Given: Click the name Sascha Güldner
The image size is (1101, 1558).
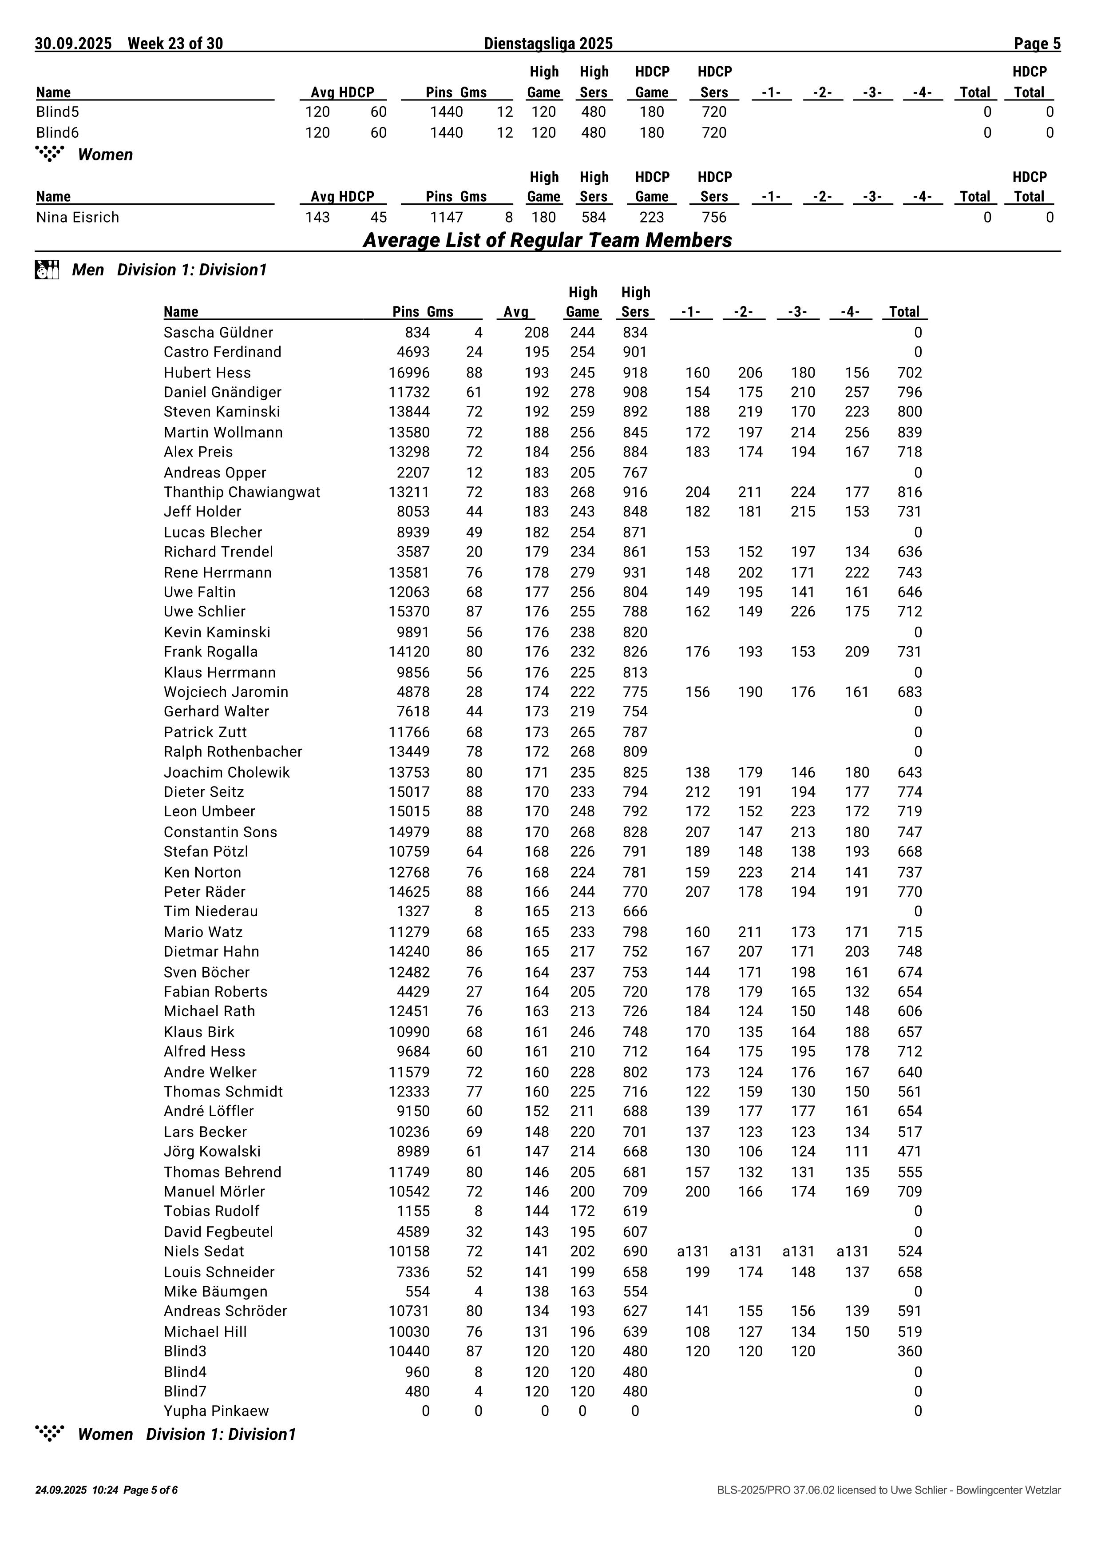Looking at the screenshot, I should click(218, 333).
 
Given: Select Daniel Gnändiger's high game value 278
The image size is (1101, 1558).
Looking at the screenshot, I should click(582, 392).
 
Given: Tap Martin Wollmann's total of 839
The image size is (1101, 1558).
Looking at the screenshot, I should click(909, 432).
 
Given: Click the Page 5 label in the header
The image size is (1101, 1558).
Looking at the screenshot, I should click(1037, 44).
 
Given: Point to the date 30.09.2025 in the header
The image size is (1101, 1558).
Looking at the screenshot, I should click(73, 44).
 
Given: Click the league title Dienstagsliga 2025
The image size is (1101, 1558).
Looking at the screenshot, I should click(548, 44).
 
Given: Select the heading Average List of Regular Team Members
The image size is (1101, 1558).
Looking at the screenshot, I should click(547, 240).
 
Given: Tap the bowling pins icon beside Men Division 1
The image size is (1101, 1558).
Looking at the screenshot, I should click(47, 270).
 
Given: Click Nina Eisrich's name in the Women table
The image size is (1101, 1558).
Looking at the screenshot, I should click(77, 218).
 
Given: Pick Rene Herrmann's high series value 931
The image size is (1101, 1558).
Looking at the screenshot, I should click(635, 573).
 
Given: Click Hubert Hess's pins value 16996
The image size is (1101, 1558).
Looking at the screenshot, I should click(408, 373).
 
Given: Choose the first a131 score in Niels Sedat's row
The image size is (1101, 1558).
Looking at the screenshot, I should click(693, 1251).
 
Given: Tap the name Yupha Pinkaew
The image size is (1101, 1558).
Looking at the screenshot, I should click(216, 1411).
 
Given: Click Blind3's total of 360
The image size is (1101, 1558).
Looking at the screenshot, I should click(909, 1351).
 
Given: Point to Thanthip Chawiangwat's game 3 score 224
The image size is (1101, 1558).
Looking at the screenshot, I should click(803, 492).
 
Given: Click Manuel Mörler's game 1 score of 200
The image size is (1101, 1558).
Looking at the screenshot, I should click(697, 1192).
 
